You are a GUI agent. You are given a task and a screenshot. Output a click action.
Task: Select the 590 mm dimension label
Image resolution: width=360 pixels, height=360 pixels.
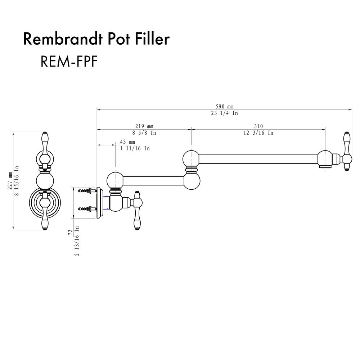click(224, 107)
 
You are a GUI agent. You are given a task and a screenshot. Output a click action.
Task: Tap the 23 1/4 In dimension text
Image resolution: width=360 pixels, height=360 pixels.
click(224, 113)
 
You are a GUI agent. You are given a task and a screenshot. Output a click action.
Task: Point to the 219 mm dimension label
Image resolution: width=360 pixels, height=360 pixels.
click(144, 126)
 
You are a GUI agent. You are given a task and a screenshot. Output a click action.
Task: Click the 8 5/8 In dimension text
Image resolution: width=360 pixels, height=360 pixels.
click(144, 132)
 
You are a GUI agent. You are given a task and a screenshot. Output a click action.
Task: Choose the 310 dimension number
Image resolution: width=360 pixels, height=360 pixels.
click(258, 126)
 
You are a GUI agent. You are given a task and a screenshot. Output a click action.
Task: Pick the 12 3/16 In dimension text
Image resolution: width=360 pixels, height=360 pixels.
click(258, 132)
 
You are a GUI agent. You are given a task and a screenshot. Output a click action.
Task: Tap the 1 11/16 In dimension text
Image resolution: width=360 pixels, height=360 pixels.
click(135, 148)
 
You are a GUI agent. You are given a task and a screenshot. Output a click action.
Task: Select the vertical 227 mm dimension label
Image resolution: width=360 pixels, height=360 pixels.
click(10, 180)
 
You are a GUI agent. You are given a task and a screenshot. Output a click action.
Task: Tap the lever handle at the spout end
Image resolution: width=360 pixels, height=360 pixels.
click(347, 151)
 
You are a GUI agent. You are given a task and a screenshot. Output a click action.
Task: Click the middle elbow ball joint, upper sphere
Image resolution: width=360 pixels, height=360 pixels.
click(191, 158)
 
